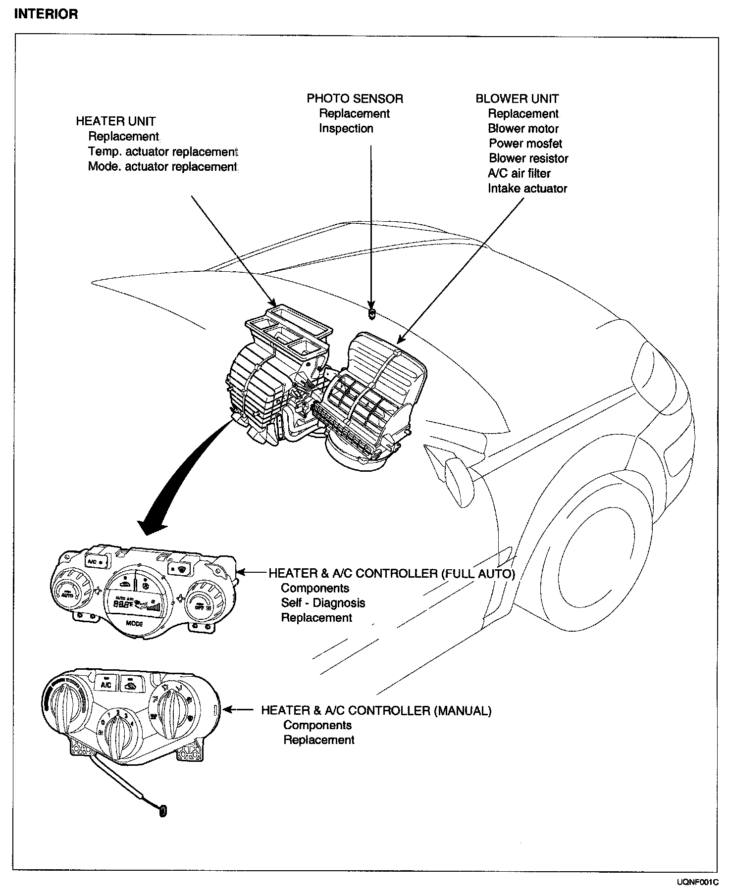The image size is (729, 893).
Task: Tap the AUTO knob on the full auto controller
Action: click(x=68, y=591)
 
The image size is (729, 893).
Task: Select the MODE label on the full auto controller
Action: click(x=134, y=623)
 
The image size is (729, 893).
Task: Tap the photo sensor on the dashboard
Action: click(x=371, y=313)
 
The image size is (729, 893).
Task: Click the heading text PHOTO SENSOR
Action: click(x=355, y=99)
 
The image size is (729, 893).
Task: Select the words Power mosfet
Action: click(x=525, y=144)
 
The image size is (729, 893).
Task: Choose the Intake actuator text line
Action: click(x=527, y=189)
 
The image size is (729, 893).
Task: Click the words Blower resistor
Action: click(x=528, y=158)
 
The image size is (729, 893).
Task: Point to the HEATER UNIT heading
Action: click(x=115, y=121)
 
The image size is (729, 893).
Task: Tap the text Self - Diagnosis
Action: click(x=323, y=603)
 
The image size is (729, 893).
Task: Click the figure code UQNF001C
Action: click(x=697, y=882)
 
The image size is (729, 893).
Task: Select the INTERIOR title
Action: click(x=46, y=14)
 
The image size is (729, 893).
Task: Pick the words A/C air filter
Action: click(x=519, y=173)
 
